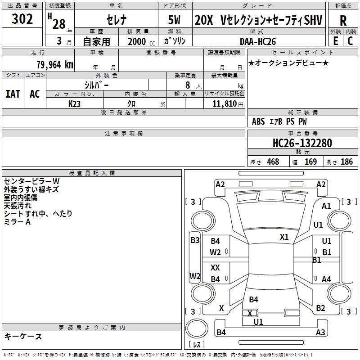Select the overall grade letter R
tap(343, 20)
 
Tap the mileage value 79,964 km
tap(54, 65)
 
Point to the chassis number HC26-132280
tap(302, 143)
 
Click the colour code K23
tap(75, 103)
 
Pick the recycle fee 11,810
tap(224, 103)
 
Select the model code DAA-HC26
tap(257, 41)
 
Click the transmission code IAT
tap(13, 94)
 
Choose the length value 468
tap(272, 162)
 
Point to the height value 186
tap(346, 162)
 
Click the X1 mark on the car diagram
tap(284, 237)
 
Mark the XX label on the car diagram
tap(215, 267)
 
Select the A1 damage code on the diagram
tap(326, 206)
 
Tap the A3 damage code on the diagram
tap(320, 333)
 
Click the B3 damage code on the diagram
tap(195, 240)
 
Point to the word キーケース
tap(23, 337)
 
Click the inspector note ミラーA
tap(17, 222)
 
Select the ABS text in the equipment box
tap(258, 121)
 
